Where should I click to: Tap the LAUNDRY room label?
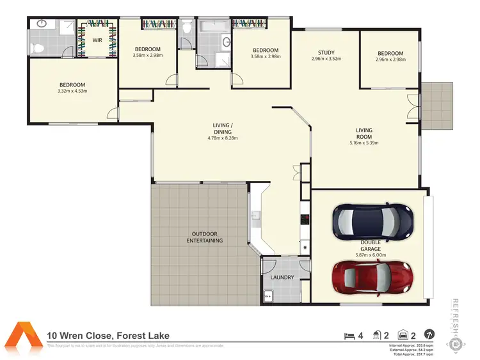[x=282, y=278]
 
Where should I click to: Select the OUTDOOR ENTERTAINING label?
[x=205, y=237]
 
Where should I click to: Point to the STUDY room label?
[x=326, y=53]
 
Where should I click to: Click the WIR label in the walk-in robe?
[x=97, y=40]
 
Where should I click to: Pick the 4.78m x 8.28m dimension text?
[x=223, y=138]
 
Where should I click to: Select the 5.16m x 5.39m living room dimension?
[x=364, y=143]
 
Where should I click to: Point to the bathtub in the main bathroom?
[x=212, y=27]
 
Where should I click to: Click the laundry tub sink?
[x=268, y=296]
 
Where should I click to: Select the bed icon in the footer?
[x=349, y=334]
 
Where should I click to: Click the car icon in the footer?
[x=403, y=334]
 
